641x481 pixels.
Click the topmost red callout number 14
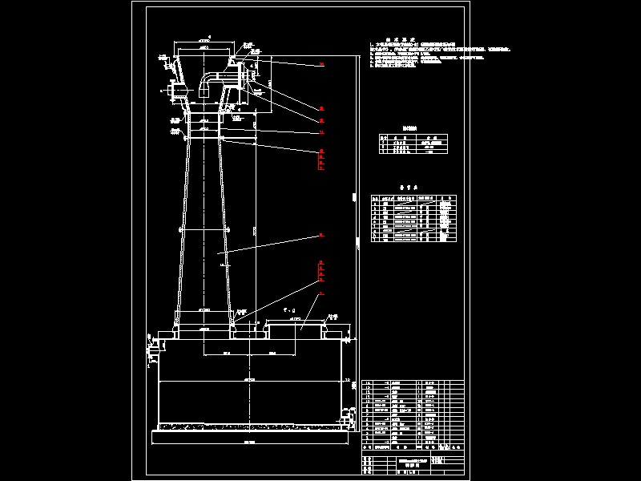tap(321, 63)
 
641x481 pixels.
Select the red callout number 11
tap(321, 131)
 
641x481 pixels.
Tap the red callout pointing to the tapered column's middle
tap(321, 235)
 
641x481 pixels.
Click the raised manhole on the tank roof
tap(296, 326)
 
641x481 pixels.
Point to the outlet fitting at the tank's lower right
tap(347, 417)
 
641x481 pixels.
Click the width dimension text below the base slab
tap(249, 442)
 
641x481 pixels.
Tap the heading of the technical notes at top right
tap(398, 38)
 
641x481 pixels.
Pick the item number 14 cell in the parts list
tap(369, 385)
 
